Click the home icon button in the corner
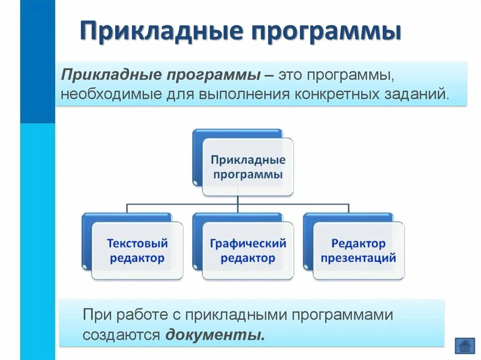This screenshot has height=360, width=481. tap(465, 346)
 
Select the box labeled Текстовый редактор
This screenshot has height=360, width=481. tap(137, 251)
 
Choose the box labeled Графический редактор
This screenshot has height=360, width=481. tap(248, 251)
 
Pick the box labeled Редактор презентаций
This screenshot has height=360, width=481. tap(358, 251)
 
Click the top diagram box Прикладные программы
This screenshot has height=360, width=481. tap(248, 167)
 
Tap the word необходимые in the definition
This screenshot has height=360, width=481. tap(109, 93)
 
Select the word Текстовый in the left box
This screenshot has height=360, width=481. tap(137, 244)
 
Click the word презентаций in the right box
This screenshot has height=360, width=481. tap(358, 258)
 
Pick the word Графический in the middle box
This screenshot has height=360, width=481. tap(248, 244)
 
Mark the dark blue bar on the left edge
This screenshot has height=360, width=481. tap(38, 61)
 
